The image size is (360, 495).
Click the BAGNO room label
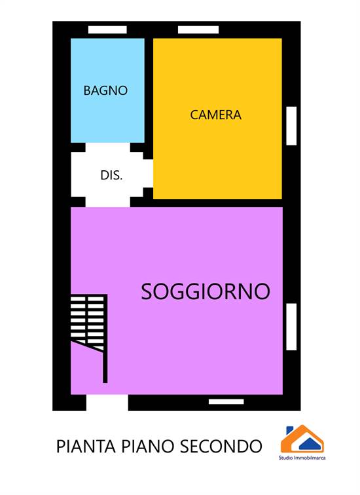[105, 90]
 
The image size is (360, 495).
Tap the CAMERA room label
[216, 115]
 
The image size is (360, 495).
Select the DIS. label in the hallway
[111, 175]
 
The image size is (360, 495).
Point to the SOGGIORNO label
[206, 291]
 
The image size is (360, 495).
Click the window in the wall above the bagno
[107, 29]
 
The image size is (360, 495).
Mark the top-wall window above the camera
[198, 29]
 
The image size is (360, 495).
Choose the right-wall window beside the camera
[291, 126]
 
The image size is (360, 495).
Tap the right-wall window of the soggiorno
[291, 327]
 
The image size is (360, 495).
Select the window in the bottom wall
[226, 401]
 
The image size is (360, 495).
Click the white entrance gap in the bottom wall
[107, 403]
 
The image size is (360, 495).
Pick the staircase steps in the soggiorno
[88, 323]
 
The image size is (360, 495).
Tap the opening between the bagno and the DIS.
[108, 147]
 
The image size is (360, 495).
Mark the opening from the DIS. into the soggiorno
[108, 202]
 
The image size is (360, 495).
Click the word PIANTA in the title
[86, 447]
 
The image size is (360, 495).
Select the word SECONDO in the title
[221, 447]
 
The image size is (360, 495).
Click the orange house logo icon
[302, 439]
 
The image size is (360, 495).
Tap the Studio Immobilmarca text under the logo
[302, 458]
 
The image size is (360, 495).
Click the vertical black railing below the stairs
[105, 366]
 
